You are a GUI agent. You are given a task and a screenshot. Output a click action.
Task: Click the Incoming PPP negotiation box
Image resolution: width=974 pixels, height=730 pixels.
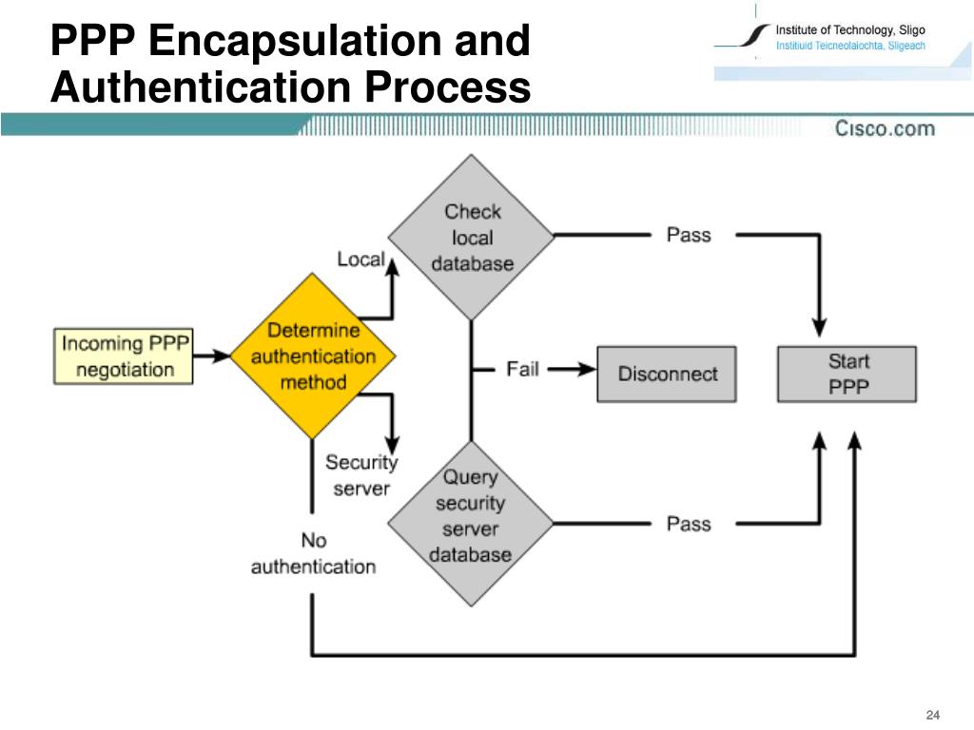tap(123, 356)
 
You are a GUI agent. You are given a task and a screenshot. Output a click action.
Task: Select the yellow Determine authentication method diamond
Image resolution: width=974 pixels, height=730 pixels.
tap(313, 356)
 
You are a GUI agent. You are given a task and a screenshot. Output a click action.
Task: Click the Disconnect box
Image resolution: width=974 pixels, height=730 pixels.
tap(667, 374)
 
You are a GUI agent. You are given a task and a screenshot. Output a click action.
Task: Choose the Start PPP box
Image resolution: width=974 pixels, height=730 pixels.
tap(847, 374)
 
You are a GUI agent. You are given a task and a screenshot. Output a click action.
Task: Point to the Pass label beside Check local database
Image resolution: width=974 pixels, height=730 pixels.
tap(689, 235)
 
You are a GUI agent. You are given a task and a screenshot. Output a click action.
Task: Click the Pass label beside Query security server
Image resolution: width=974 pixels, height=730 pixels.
tap(689, 524)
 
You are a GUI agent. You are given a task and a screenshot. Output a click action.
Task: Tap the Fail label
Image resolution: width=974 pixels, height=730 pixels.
tap(522, 369)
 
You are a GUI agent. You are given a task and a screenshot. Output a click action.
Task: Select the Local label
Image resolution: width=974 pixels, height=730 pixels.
tap(360, 259)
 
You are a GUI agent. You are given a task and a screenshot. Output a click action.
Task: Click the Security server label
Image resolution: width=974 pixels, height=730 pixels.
tap(361, 475)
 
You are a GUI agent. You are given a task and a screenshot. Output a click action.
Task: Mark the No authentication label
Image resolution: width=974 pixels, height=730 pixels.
tap(313, 553)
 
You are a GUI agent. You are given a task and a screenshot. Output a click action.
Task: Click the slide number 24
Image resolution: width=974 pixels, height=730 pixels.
tap(932, 715)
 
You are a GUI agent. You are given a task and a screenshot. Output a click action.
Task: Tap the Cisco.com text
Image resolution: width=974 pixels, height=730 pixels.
tap(885, 128)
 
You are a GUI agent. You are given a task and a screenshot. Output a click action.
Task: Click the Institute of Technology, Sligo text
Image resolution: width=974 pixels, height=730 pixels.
tap(850, 30)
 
